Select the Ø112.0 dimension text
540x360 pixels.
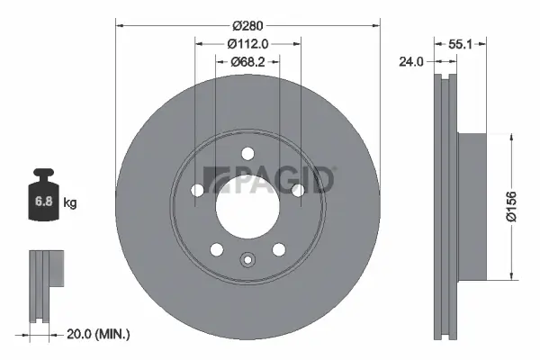(x=248, y=43)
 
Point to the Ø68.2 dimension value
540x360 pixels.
(x=248, y=61)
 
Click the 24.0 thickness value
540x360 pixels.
(x=413, y=62)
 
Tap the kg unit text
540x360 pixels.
(x=70, y=203)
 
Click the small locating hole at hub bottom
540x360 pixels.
(x=247, y=260)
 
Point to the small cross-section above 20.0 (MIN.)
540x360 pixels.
(x=47, y=285)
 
